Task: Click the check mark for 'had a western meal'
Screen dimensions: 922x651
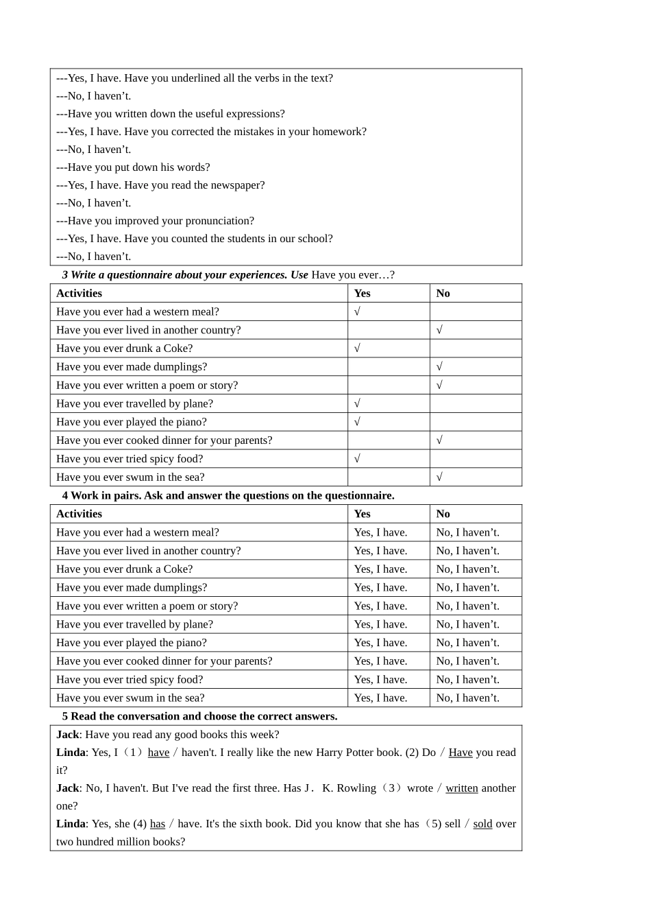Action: pos(357,311)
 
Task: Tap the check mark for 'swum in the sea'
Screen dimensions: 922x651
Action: pos(439,477)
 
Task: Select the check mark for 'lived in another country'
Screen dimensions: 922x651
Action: pos(439,330)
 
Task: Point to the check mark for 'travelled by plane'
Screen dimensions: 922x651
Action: pos(357,404)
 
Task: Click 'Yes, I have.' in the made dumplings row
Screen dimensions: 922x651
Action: pos(380,588)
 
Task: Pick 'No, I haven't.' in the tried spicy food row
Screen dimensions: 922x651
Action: pos(467,680)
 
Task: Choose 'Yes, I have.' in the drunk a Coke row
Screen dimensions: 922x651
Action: pos(380,569)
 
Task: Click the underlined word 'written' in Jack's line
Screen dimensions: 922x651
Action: pos(462,788)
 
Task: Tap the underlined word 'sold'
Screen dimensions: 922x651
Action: pos(482,824)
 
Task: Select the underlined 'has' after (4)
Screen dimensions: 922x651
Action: pos(158,824)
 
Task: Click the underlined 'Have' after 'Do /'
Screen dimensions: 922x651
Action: pos(460,753)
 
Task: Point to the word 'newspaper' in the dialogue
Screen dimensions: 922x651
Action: pos(237,185)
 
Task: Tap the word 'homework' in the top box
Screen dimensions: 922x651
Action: pos(339,132)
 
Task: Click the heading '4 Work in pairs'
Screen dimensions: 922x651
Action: pos(228,495)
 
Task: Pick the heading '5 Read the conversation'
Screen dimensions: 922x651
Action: pos(199,716)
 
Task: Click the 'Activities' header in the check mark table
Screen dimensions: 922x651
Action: pos(79,294)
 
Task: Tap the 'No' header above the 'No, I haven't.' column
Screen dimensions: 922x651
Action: pos(443,514)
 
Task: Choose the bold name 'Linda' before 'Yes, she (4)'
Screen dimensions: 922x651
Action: pos(71,824)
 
